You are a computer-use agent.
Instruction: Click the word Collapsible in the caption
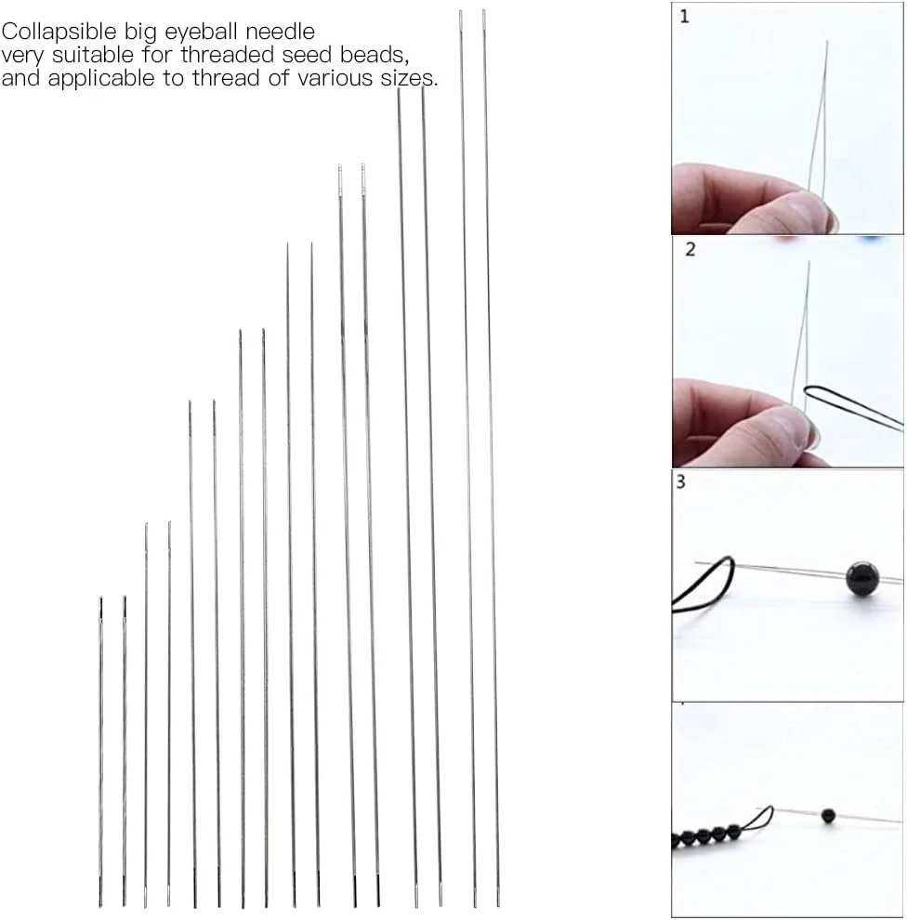tap(59, 32)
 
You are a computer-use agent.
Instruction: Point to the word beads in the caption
tap(375, 55)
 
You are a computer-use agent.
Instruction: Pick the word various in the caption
tap(335, 78)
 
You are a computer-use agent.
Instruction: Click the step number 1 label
tap(684, 17)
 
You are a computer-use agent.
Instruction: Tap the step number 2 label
tap(690, 249)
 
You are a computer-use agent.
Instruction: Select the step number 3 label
tap(680, 481)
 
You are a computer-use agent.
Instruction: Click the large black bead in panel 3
tap(862, 578)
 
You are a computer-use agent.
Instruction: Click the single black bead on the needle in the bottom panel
tap(828, 815)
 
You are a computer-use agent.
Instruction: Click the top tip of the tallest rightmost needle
tap(483, 10)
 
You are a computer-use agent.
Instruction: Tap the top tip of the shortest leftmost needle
tap(101, 598)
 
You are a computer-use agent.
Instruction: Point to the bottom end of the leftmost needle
tap(100, 905)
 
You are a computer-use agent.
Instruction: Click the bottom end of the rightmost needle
tap(498, 905)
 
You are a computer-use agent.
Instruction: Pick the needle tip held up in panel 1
tap(827, 41)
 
